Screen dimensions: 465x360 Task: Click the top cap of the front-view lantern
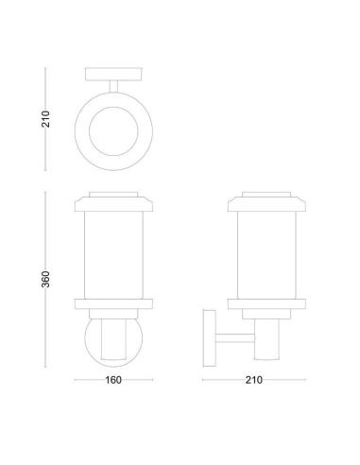[114, 201]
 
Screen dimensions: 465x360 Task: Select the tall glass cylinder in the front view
[114, 255]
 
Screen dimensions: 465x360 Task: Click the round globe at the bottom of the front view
[114, 342]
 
